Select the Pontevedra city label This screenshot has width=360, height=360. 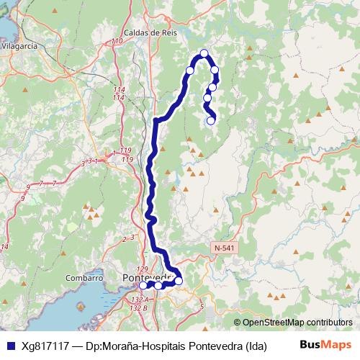(148, 276)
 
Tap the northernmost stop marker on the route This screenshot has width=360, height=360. (204, 53)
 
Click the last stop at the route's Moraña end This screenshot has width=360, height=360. (211, 121)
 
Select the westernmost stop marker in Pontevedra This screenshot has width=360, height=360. (143, 286)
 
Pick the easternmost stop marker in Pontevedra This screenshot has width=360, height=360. (179, 281)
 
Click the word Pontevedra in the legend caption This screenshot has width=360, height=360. (215, 345)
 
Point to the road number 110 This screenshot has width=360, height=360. (117, 42)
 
